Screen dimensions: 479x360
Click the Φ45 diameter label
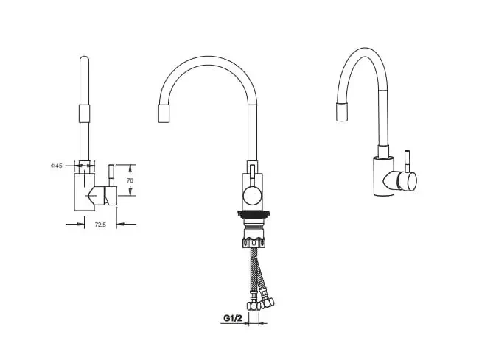pos(56,166)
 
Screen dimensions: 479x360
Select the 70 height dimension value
pos(130,180)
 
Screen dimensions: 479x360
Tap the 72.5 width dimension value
pos(100,225)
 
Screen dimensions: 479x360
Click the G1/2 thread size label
pos(233,318)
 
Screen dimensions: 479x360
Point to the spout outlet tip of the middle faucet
pos(164,113)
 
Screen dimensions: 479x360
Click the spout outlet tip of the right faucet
pos(342,112)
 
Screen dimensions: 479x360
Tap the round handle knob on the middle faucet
pos(252,195)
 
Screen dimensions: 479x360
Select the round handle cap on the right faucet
pos(410,182)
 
